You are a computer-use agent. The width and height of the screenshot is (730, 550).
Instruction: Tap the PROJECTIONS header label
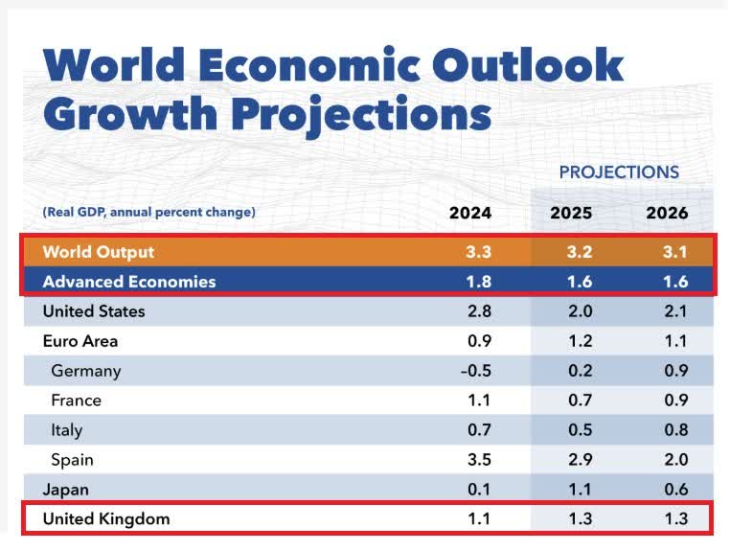pos(619,172)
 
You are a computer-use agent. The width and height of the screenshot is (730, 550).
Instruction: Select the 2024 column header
pos(470,213)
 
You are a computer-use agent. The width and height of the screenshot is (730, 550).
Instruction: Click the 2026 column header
pos(667,213)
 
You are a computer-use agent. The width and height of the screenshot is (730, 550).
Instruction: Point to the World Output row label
pos(99,252)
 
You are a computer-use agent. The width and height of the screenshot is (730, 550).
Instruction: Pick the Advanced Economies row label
pos(129,282)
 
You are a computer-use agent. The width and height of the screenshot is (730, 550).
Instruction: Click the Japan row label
pos(66,490)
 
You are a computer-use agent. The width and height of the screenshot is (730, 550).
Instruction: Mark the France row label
pos(77,401)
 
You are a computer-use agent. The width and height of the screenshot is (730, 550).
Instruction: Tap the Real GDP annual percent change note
pos(149,212)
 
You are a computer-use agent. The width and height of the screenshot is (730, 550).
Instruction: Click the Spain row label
pos(74,460)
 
